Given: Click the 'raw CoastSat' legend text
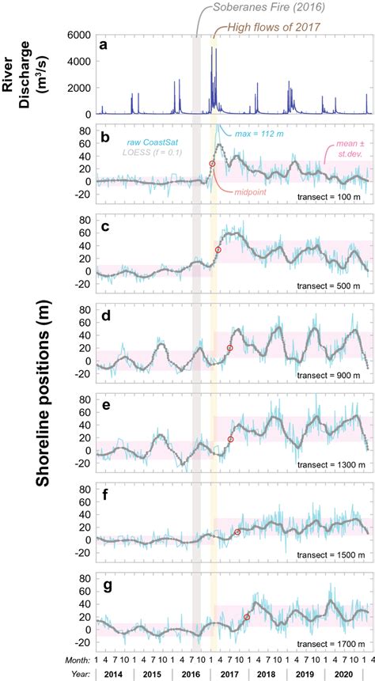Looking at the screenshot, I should [153, 141].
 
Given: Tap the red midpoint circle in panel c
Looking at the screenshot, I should [218, 250].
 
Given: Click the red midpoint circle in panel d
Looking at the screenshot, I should [230, 348].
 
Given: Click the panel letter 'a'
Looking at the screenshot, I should [103, 45].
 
